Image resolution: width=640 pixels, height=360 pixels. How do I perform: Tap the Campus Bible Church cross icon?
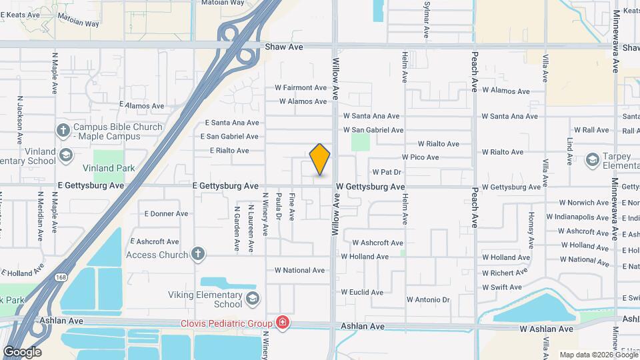tap(63, 130)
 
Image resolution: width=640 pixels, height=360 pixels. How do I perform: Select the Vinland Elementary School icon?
tap(66, 155)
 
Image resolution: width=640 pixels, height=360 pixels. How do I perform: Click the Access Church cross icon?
tap(197, 254)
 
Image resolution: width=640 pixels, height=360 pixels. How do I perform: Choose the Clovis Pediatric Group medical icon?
tap(283, 323)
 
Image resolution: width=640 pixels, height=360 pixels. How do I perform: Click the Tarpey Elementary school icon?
tap(592, 160)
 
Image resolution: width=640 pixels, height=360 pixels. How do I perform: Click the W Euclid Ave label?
tap(362, 292)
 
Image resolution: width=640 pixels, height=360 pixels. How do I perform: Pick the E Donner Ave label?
tap(166, 214)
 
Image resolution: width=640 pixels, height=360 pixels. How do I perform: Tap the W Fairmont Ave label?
tap(301, 87)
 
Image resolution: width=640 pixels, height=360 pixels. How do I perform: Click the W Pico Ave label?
tap(420, 157)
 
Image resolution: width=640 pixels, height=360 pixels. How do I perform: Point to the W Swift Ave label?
tap(502, 287)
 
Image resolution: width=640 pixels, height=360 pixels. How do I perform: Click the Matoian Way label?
tap(78, 23)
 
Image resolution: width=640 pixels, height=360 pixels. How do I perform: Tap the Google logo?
tap(22, 352)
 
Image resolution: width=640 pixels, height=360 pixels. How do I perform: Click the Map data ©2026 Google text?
tap(599, 355)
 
